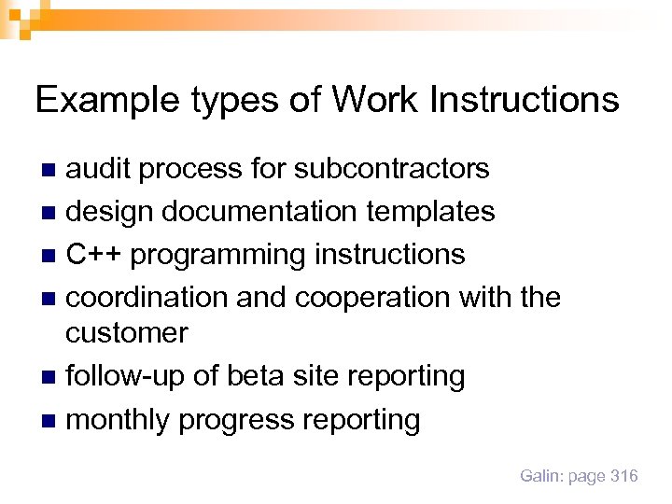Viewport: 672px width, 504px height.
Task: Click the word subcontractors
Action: click(392, 168)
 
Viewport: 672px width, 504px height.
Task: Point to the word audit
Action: click(99, 168)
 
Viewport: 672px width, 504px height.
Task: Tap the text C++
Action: click(91, 254)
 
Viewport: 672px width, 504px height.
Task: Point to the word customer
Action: click(127, 332)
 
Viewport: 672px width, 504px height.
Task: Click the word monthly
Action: click(119, 420)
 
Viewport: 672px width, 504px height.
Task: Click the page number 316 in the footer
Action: click(623, 476)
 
